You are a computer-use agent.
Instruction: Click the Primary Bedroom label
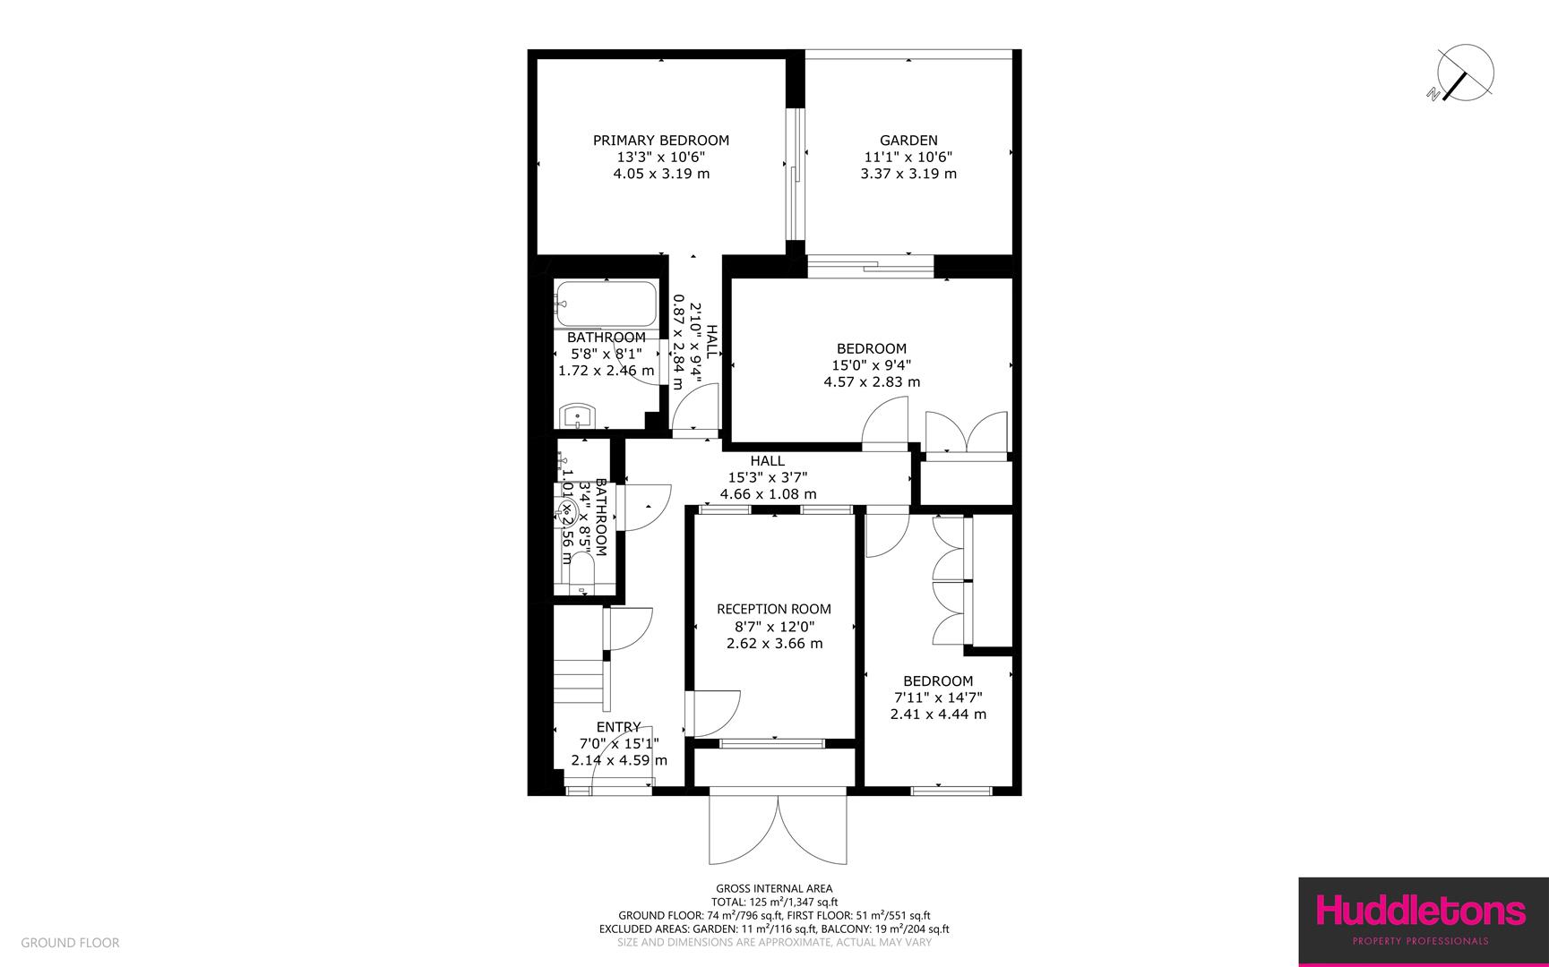[661, 141]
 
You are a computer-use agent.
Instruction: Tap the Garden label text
[908, 141]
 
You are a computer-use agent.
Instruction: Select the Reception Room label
[774, 610]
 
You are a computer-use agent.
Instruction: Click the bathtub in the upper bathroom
[605, 305]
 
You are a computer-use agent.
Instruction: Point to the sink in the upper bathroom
[577, 416]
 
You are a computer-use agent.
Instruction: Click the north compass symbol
[1463, 73]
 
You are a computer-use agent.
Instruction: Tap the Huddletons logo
[1422, 911]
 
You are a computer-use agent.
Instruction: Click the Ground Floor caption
[70, 943]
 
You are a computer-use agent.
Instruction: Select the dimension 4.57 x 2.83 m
[872, 382]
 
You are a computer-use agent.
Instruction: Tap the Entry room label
[619, 727]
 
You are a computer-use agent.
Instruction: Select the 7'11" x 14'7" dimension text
[938, 697]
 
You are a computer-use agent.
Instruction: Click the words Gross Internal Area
[774, 889]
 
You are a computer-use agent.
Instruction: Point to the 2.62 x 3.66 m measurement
[774, 644]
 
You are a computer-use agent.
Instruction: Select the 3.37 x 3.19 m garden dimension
[908, 174]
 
